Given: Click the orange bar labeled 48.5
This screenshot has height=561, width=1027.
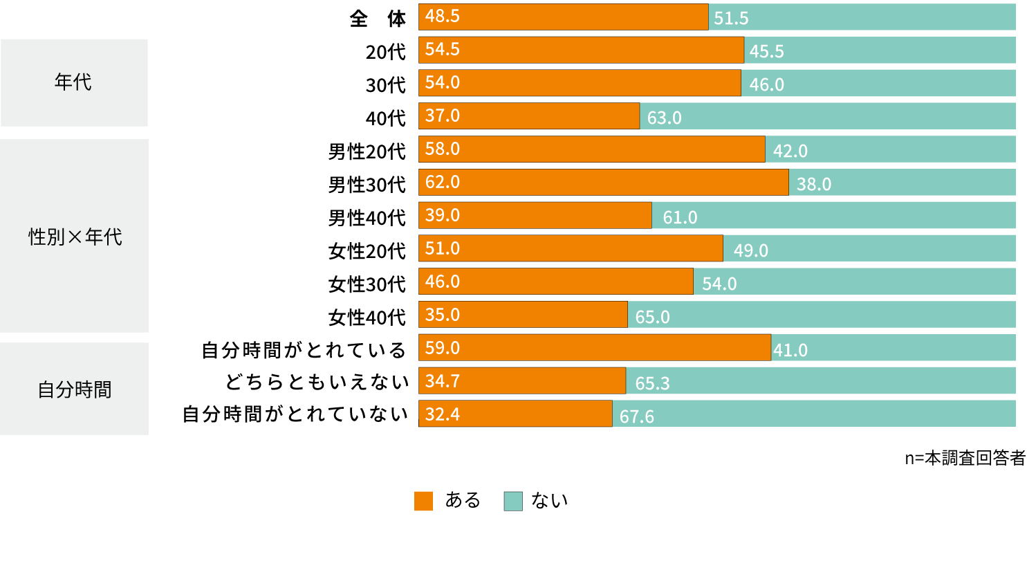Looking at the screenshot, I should click(x=564, y=17).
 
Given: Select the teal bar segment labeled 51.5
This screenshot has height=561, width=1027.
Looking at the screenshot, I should click(x=862, y=17).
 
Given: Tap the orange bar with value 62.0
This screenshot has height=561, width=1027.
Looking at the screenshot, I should click(x=603, y=182).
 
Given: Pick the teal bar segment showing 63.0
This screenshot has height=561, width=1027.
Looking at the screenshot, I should click(x=827, y=116).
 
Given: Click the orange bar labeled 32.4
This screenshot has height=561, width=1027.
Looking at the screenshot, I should click(x=515, y=414).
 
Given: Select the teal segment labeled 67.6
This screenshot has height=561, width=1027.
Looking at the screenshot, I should click(x=814, y=414).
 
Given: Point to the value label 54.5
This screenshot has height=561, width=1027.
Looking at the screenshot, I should click(x=443, y=50).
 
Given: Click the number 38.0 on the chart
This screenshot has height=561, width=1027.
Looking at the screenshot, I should click(x=814, y=184).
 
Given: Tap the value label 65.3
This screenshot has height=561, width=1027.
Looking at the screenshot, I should click(x=653, y=383).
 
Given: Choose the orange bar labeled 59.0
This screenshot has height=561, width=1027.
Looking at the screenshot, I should click(x=595, y=347).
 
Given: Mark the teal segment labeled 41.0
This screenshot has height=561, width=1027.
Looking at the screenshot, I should click(x=893, y=347).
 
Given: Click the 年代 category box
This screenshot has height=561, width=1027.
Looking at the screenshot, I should click(x=74, y=82).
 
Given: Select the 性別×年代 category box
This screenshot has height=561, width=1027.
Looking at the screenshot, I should click(x=74, y=237).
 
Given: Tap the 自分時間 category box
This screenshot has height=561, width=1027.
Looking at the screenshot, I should click(x=74, y=389).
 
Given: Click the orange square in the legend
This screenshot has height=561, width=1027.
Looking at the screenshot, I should click(x=423, y=501).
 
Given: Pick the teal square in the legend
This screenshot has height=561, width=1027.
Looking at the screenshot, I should click(x=513, y=501).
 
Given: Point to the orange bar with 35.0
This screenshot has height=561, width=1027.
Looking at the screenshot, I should click(x=523, y=315).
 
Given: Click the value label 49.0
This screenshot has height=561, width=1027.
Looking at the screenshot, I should click(x=751, y=250).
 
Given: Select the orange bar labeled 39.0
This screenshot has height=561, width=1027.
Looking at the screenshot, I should click(x=535, y=215).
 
